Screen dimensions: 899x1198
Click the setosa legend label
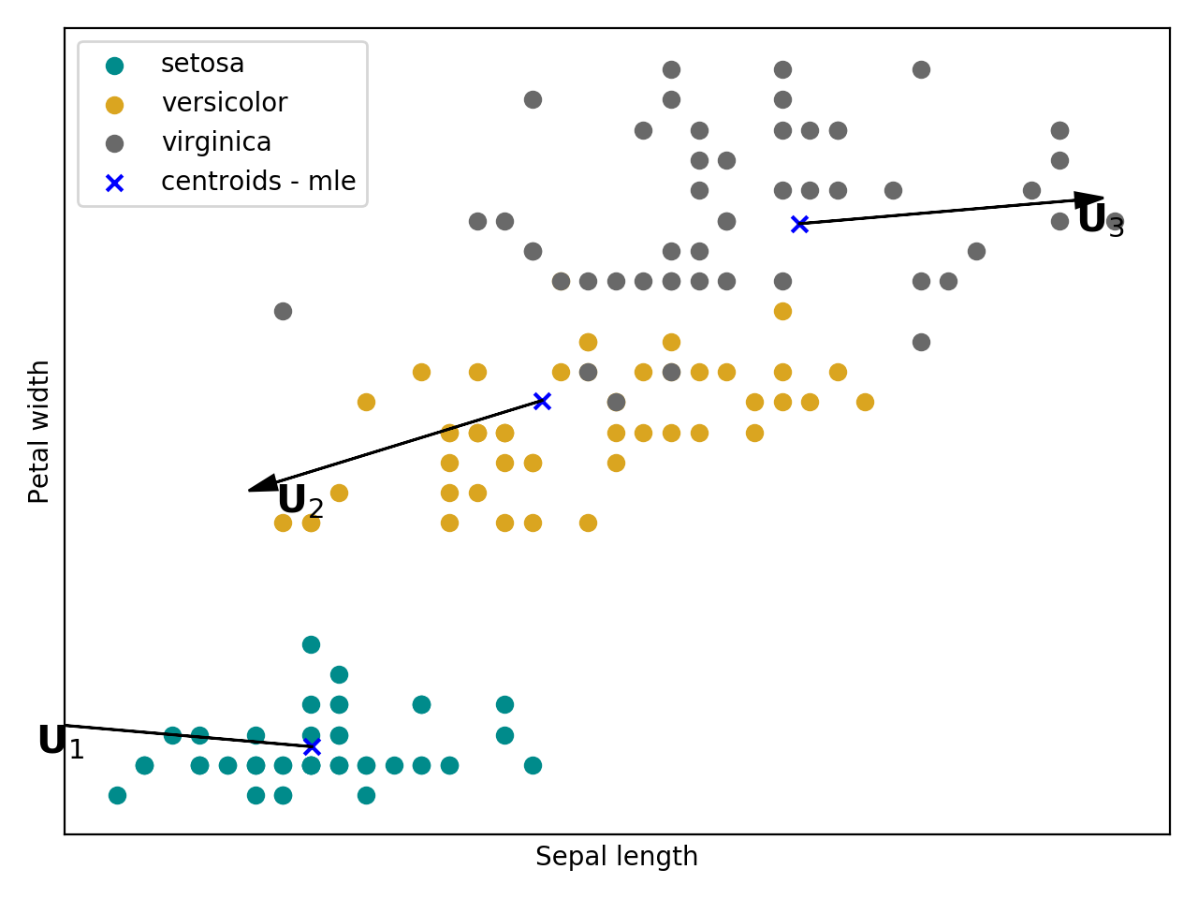click(x=202, y=64)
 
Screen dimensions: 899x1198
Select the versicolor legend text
click(x=224, y=103)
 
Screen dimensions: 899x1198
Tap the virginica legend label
click(x=216, y=142)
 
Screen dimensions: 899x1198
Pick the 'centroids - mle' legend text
click(x=258, y=182)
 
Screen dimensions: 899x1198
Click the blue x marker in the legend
click(x=114, y=183)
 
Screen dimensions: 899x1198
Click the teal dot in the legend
click(x=114, y=66)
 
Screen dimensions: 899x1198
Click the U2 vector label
click(x=300, y=501)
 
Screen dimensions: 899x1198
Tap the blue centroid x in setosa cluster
click(x=312, y=746)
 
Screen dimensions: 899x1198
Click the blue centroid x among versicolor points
click(x=542, y=401)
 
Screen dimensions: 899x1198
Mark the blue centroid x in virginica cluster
click(x=799, y=224)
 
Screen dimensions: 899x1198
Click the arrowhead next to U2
click(x=262, y=484)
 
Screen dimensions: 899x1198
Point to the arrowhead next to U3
click(x=1089, y=199)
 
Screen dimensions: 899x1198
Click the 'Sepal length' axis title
click(x=616, y=857)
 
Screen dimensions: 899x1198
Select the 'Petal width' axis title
click(x=39, y=432)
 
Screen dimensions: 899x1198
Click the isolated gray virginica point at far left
click(x=283, y=311)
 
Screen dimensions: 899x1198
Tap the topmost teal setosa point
click(x=311, y=644)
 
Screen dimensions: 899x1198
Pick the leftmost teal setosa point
click(x=117, y=795)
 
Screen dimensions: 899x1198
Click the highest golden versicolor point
click(x=782, y=311)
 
